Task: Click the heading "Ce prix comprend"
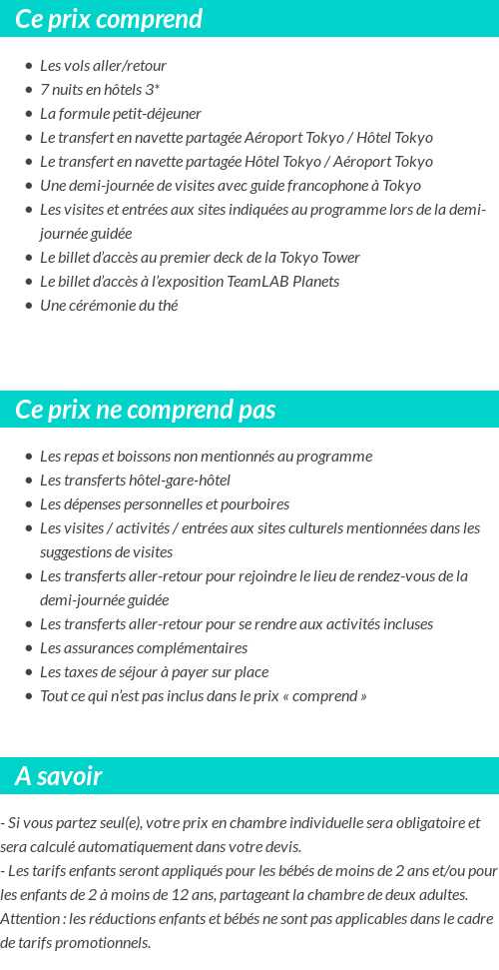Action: pos(109,19)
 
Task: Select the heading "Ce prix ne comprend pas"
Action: pos(146,410)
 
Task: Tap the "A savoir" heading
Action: pos(59,776)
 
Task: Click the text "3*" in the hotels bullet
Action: pos(152,90)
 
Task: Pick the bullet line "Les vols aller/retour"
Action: pos(103,66)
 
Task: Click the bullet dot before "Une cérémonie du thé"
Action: pos(29,306)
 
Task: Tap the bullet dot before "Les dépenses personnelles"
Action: pos(29,504)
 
